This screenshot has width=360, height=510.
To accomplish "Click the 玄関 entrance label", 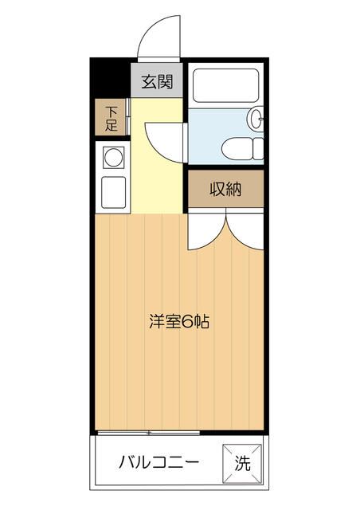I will coord(158,81).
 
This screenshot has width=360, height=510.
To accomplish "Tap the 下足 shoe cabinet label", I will coord(111,118).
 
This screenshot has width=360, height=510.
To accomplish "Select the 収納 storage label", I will coord(225,190).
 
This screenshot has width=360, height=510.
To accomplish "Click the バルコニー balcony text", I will coord(158,461).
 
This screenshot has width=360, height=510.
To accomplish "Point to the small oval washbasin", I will coord(256,120).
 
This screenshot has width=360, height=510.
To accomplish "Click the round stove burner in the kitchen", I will coord(112,157).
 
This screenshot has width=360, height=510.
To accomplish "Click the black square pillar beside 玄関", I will coord(110,79).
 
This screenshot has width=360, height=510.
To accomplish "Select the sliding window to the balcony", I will coord(148,432).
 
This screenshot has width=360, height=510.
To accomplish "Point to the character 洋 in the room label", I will coord(157,322).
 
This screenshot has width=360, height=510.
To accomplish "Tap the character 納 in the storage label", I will coord(235,190).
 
